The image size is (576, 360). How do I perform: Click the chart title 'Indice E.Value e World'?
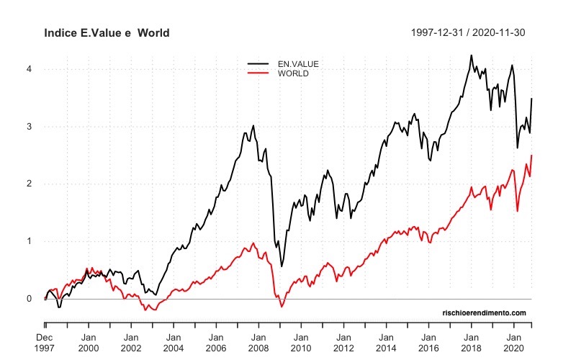[107, 33]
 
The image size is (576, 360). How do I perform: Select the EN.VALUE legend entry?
[297, 64]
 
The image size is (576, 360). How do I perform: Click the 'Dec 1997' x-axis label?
[45, 343]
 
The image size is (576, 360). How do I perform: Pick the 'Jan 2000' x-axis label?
[89, 343]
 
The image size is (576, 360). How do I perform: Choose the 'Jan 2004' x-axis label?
[174, 343]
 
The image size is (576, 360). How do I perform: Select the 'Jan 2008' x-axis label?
[258, 343]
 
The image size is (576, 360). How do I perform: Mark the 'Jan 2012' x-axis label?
[343, 343]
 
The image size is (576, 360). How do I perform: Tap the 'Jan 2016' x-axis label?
[428, 343]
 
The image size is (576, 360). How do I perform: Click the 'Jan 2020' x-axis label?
[514, 343]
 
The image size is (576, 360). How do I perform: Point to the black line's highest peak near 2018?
[471, 55]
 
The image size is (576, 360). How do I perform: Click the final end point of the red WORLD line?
[531, 156]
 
